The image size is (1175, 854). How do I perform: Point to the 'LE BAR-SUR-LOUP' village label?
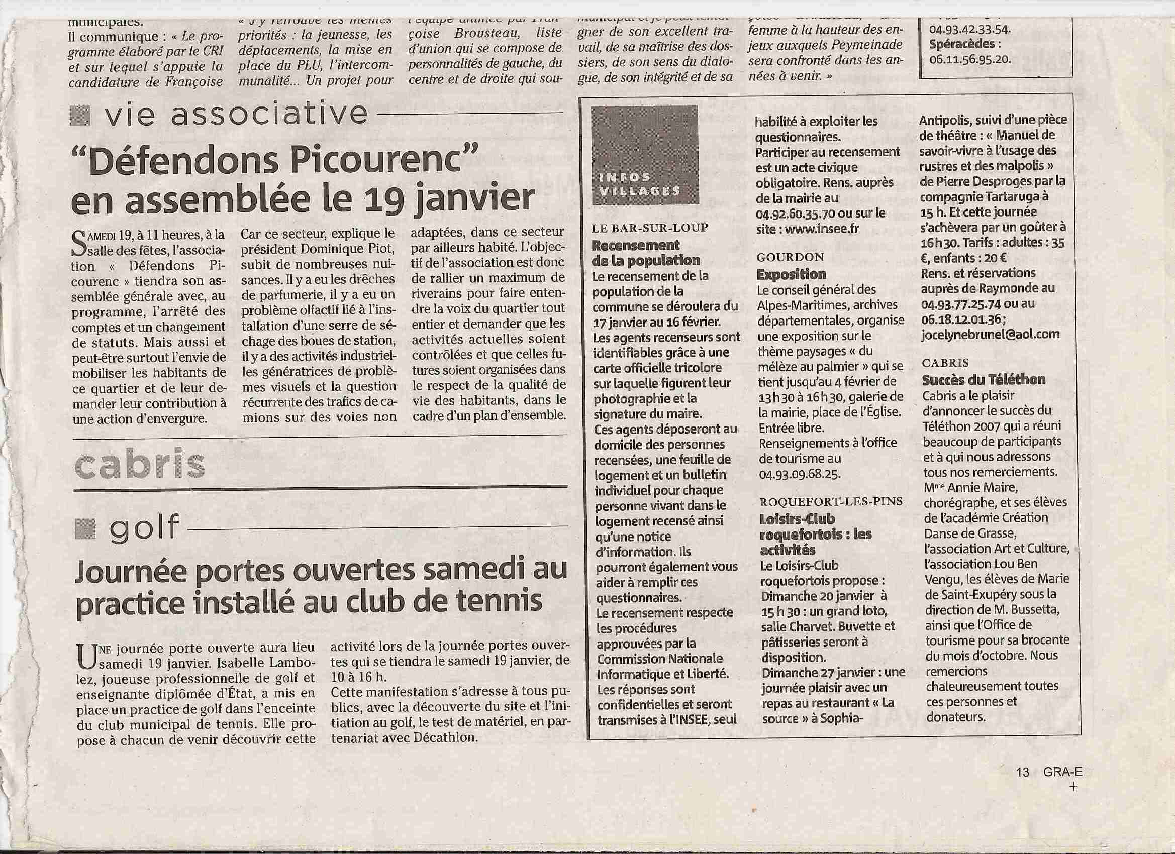click(x=650, y=229)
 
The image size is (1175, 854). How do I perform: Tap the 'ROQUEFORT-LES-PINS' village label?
click(x=831, y=501)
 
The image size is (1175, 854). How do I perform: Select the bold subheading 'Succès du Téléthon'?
click(x=984, y=380)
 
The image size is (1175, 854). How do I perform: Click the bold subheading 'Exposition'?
click(x=791, y=274)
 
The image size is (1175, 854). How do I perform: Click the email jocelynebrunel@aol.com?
click(x=990, y=335)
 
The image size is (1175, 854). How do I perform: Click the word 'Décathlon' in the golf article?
click(x=445, y=737)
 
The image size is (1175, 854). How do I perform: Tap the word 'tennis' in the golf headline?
click(x=496, y=601)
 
